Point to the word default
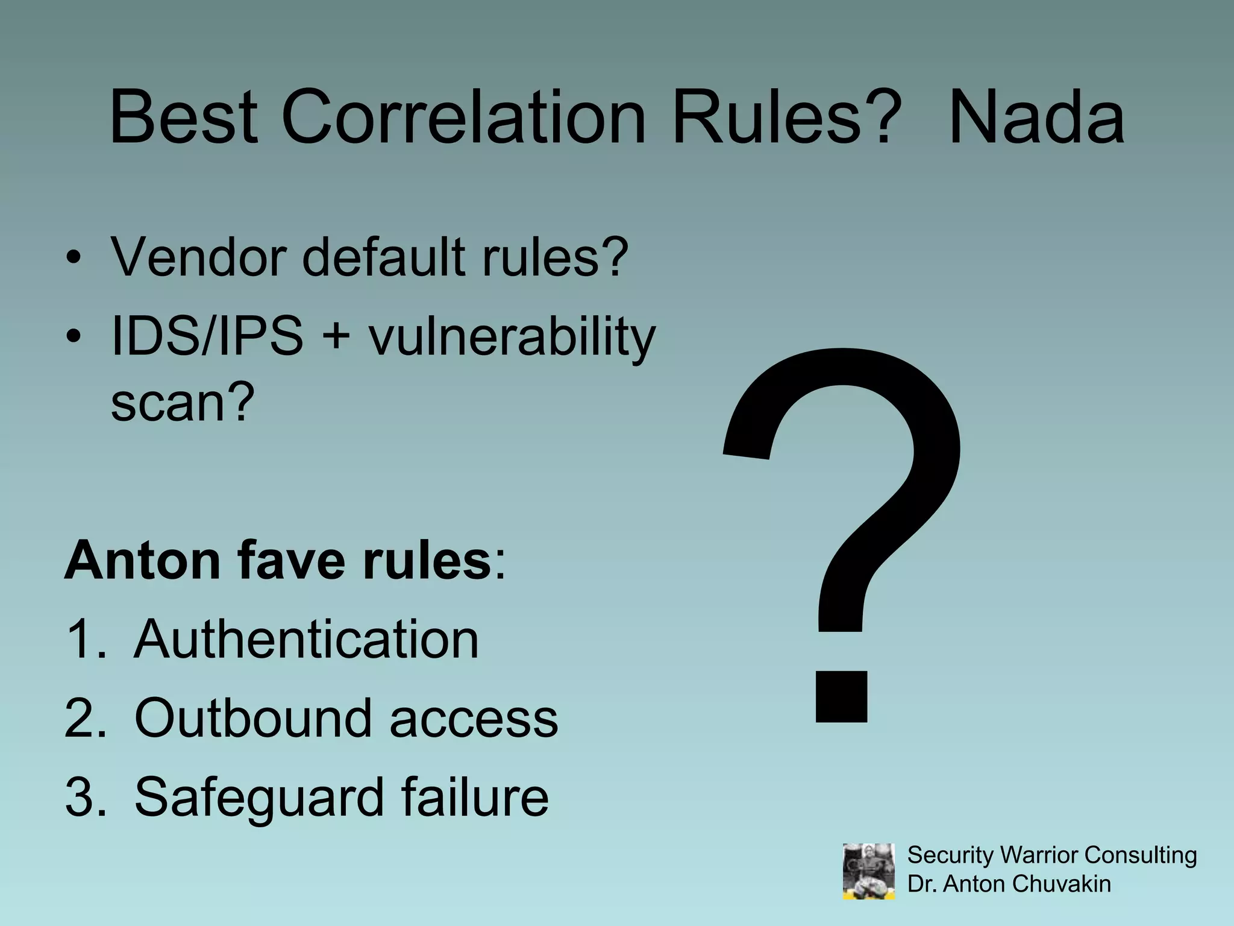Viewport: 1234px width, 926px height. tap(383, 257)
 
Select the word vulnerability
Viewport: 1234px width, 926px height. tap(512, 338)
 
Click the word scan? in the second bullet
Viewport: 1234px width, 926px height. tap(183, 402)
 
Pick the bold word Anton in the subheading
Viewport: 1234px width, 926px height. tap(142, 560)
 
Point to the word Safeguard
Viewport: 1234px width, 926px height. tap(259, 797)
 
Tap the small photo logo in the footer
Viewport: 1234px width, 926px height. tap(868, 871)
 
